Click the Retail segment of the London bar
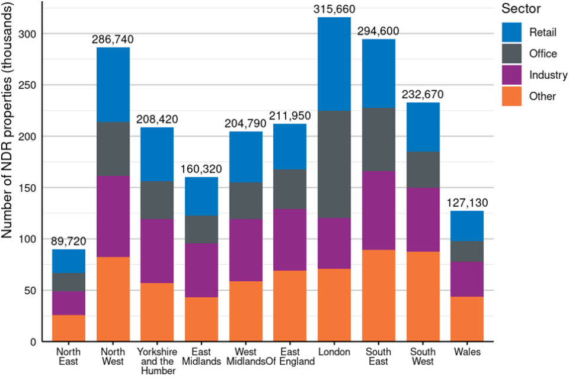point(333,64)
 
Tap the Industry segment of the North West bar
point(113,216)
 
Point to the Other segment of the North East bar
point(69,328)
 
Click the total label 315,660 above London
point(333,8)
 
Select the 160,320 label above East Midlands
point(202,168)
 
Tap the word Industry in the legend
point(548,75)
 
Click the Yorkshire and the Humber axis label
point(157,361)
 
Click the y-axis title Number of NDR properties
point(8,124)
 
